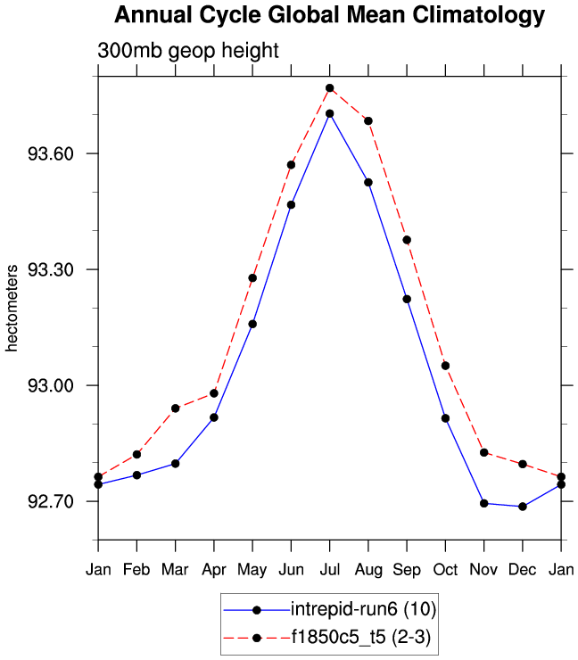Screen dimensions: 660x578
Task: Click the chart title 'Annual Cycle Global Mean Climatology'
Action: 329,16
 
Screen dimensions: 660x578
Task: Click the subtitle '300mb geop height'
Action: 188,51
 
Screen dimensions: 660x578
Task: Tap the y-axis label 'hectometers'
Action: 12,308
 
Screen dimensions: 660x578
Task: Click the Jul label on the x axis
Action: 330,569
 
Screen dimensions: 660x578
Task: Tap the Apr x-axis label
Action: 214,569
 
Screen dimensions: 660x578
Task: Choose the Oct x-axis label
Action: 445,569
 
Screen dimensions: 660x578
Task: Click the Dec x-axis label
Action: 523,569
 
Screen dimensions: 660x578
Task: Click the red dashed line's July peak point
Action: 330,88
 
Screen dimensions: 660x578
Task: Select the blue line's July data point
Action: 330,113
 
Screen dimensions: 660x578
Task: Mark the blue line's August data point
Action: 368,182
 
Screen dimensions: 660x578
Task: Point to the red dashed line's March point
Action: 176,408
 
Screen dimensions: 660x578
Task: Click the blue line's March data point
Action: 176,464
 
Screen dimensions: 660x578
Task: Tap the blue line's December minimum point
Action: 523,507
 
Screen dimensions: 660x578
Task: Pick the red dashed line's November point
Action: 484,453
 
